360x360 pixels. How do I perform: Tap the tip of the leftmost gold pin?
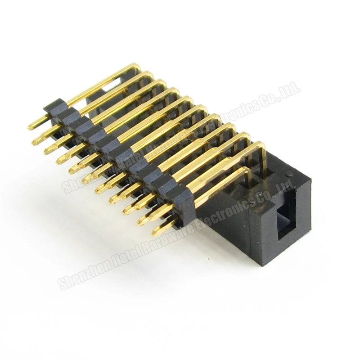pyautogui.click(x=31, y=126)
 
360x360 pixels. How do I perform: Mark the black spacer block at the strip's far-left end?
pyautogui.click(x=54, y=106)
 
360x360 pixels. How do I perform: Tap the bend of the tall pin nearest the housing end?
pyautogui.click(x=261, y=145)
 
